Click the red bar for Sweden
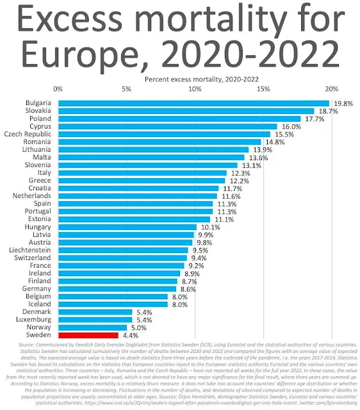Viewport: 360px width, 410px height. pos(88,334)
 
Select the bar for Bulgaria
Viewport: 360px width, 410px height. pos(193,103)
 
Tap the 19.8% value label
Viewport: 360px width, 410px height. pos(342,103)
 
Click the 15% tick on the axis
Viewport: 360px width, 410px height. pos(263,88)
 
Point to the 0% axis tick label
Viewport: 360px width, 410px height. pos(58,88)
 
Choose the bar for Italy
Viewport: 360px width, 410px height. pos(142,173)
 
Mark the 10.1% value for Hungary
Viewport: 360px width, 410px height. pos(210,227)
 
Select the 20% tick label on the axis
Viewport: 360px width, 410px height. pos(331,88)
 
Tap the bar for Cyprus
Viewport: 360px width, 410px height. pos(168,126)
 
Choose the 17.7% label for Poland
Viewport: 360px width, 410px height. pos(313,119)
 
